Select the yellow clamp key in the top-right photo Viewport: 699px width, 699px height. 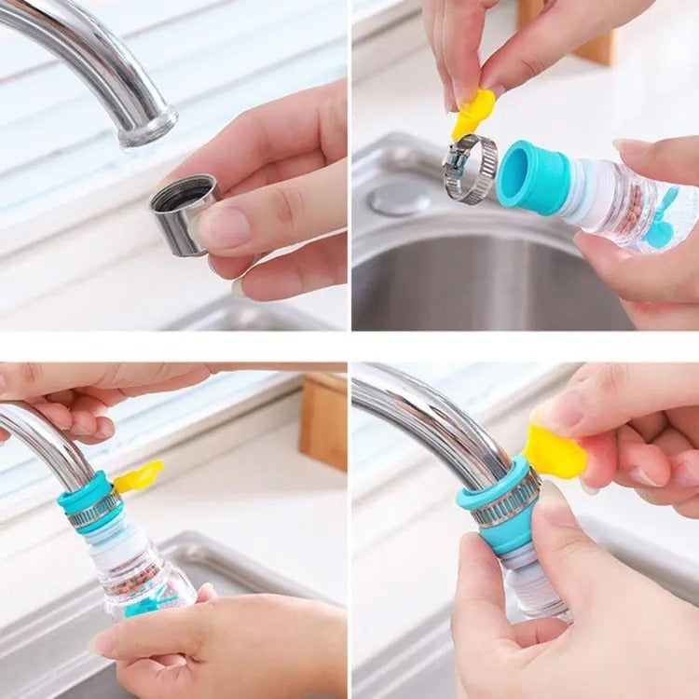pyautogui.click(x=473, y=113)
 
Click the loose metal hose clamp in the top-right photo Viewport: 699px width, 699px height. pyautogui.click(x=470, y=168)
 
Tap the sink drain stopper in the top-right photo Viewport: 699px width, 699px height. pyautogui.click(x=399, y=198)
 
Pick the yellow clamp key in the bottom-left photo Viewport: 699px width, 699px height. pyautogui.click(x=138, y=476)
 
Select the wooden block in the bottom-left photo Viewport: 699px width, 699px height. pyautogui.click(x=323, y=421)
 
